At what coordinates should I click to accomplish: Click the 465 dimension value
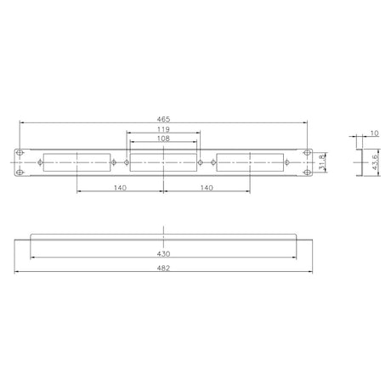(163, 119)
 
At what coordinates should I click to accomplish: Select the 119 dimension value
(163, 129)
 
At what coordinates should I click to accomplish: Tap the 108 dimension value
(163, 139)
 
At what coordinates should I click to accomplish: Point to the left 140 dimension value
(120, 188)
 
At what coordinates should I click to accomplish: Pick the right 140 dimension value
(207, 188)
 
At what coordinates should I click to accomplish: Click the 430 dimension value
(163, 253)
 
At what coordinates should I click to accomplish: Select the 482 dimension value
(163, 268)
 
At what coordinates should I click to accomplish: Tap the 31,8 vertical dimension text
(321, 162)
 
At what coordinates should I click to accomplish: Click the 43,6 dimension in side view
(375, 162)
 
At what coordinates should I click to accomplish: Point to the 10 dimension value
(374, 133)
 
